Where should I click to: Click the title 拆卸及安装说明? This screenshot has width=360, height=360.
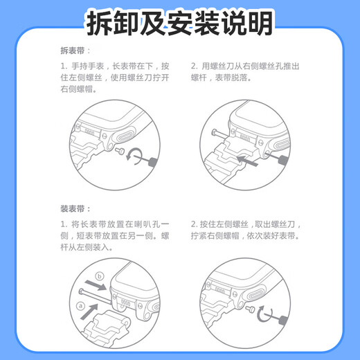pos(179,23)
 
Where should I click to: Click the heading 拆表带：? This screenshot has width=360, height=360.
pos(75,51)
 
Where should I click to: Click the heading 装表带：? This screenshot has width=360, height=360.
pos(75,208)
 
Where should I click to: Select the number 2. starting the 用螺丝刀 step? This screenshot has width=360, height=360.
pos(195,66)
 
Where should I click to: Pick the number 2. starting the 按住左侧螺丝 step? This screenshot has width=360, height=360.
pos(195,225)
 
